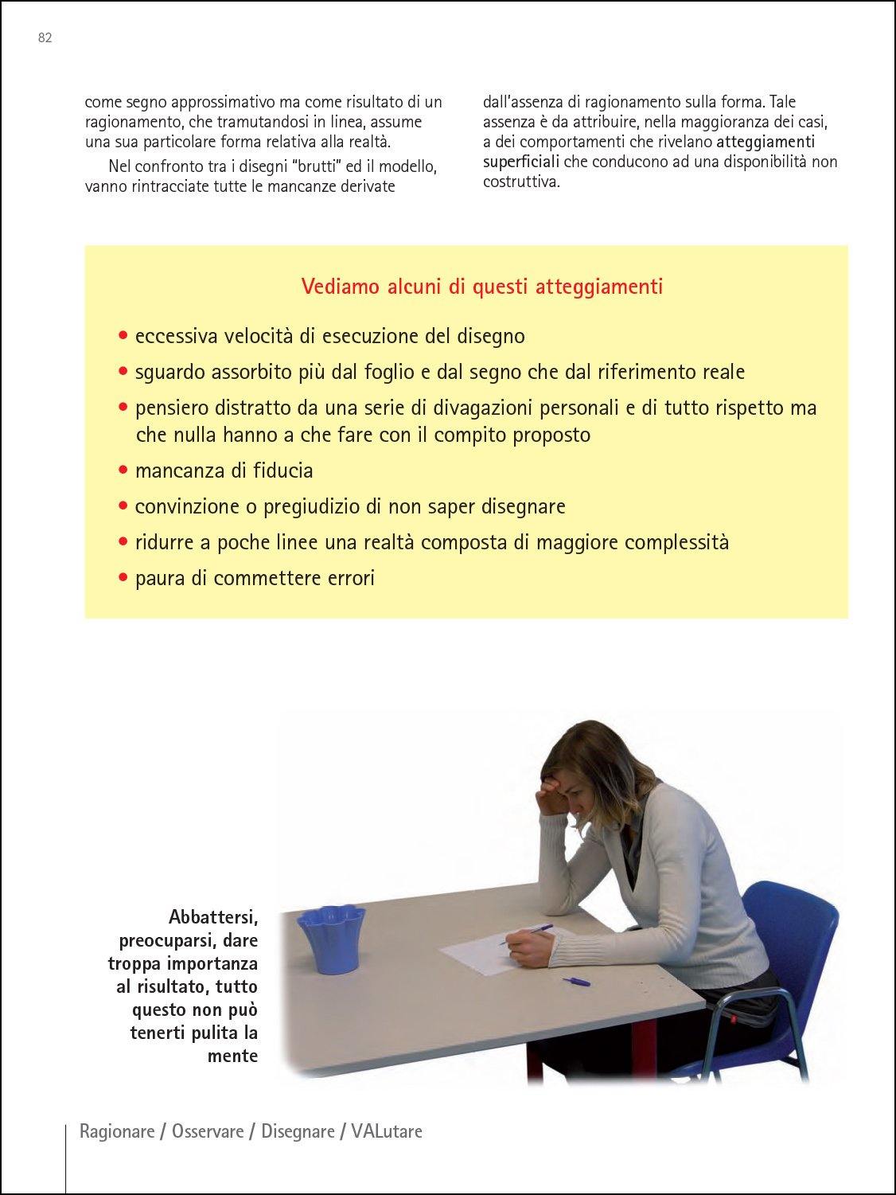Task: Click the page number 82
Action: [45, 37]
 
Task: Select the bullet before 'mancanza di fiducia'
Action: [123, 471]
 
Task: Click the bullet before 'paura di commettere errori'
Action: [123, 578]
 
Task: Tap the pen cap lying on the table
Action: [576, 981]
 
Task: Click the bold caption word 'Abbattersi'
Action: [213, 917]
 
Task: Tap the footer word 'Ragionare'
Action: [117, 1131]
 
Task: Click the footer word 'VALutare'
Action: [387, 1131]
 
